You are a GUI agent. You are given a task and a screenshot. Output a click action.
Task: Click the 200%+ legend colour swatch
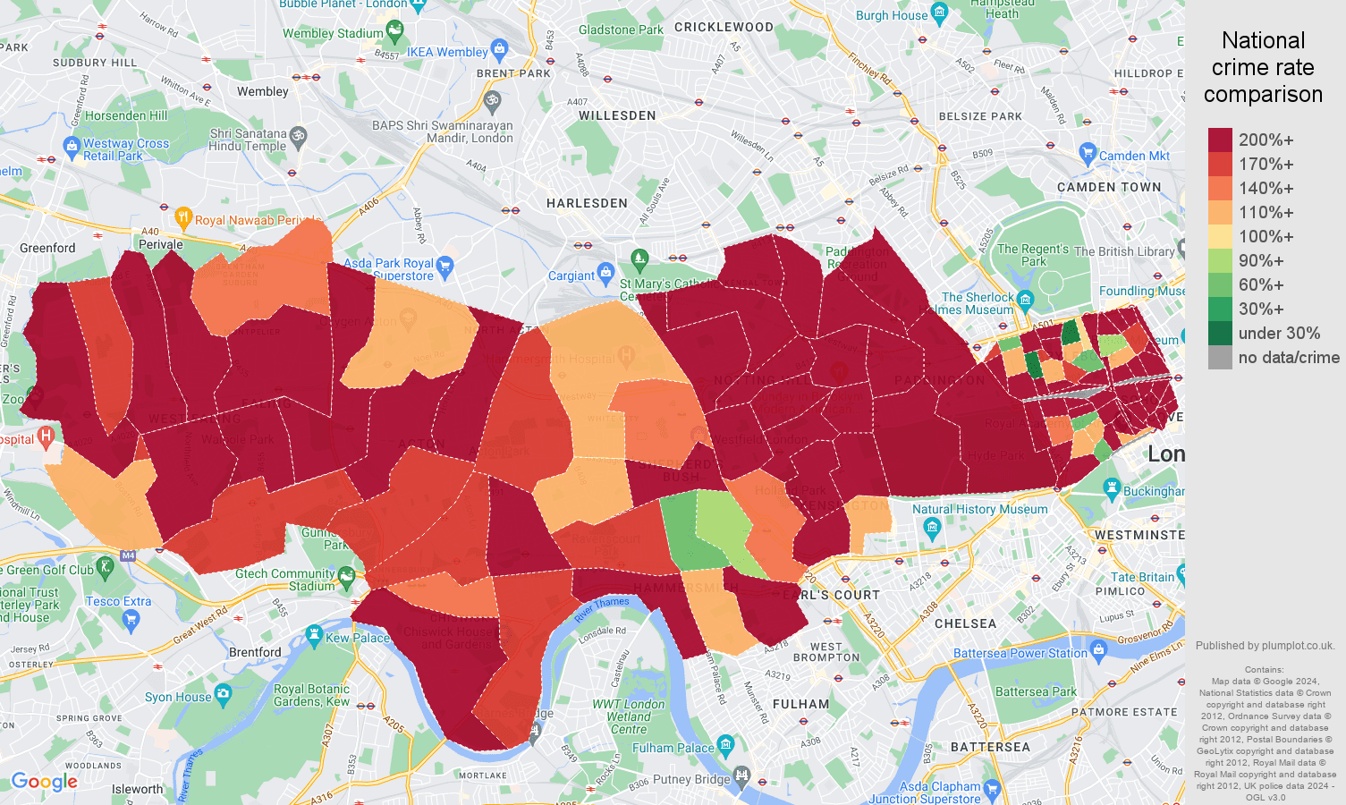[1220, 140]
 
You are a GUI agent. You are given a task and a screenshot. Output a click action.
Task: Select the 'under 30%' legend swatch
[1220, 334]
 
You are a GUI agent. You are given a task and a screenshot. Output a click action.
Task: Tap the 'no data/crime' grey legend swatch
[1220, 358]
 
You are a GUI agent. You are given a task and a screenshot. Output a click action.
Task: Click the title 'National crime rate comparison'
[1263, 67]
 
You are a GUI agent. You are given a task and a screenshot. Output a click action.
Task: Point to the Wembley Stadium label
[333, 34]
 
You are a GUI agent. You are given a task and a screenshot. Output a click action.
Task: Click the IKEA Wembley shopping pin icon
[500, 48]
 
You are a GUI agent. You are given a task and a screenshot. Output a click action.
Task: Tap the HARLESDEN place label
[587, 203]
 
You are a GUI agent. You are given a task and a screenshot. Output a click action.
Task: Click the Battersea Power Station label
[1020, 653]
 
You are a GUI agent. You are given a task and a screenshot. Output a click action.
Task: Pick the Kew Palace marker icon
[314, 635]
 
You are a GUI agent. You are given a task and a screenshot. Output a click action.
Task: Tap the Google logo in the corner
[45, 782]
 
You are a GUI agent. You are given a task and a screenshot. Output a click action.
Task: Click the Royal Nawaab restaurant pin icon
[182, 216]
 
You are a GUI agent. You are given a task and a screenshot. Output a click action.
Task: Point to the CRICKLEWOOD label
[724, 27]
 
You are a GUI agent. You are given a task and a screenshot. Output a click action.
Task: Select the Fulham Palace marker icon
[725, 744]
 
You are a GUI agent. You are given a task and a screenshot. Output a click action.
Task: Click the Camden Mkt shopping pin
[1088, 152]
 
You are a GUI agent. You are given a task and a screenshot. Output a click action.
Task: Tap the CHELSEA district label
[965, 623]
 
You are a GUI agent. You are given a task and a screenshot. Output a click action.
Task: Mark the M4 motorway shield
[128, 555]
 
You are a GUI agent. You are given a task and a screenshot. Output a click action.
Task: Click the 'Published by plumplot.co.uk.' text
[1265, 645]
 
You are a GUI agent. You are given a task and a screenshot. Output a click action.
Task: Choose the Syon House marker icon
[224, 693]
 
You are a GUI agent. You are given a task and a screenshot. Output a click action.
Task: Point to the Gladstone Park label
[621, 30]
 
